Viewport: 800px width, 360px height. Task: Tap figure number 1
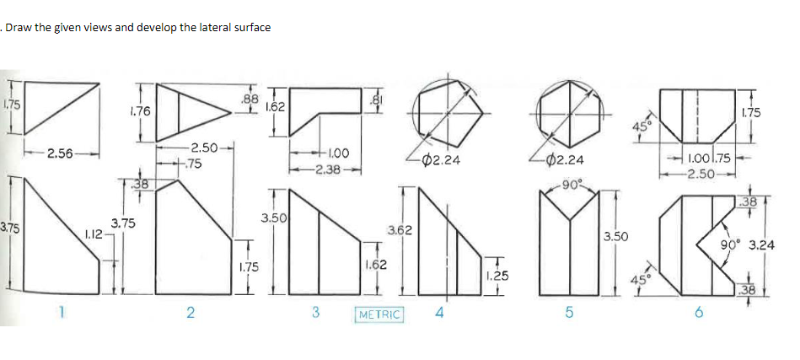[61, 312]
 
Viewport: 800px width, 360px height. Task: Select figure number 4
[440, 313]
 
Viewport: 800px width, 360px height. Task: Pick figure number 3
[315, 313]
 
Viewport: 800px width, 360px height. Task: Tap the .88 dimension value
[250, 99]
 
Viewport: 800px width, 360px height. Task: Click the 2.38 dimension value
[320, 169]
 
